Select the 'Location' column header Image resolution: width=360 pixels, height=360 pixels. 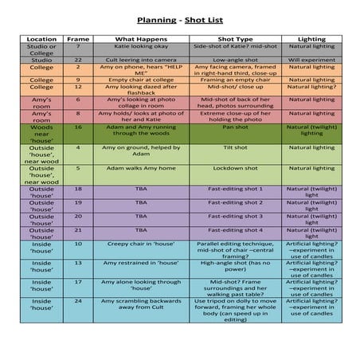tap(41, 38)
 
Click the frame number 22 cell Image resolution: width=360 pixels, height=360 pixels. tap(78, 60)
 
